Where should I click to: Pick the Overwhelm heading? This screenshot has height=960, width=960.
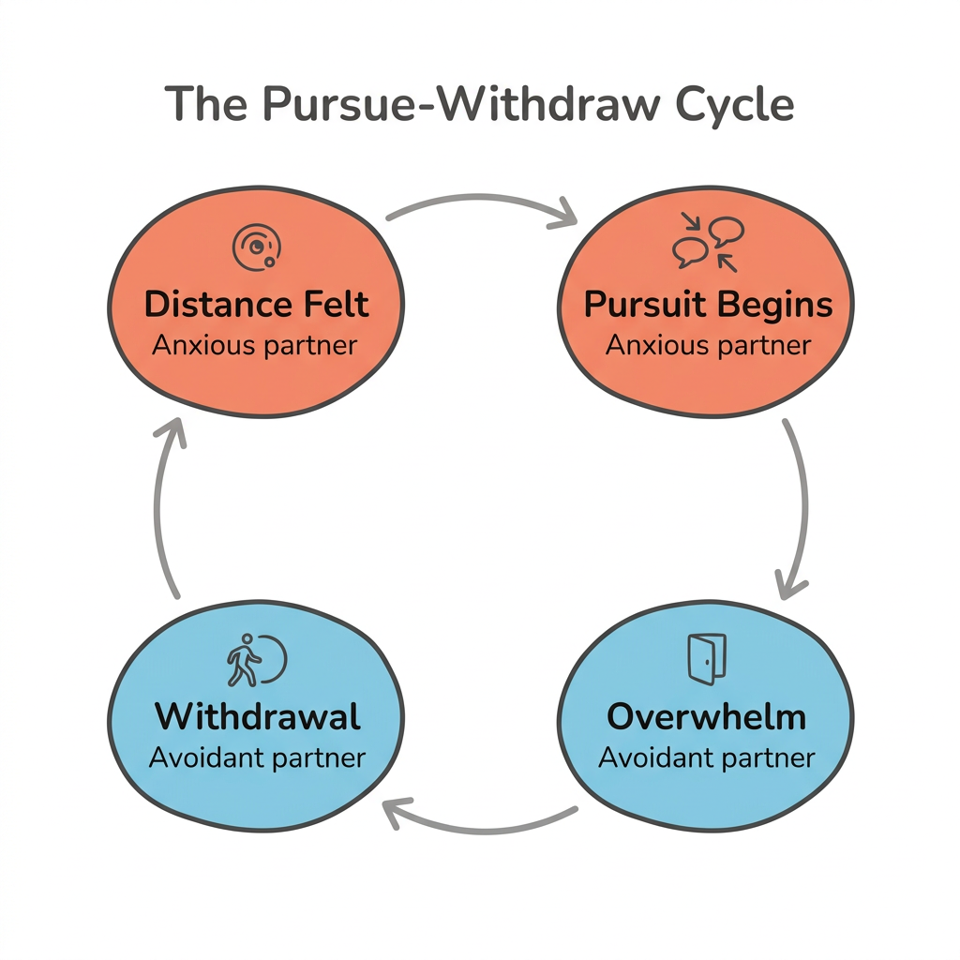706,717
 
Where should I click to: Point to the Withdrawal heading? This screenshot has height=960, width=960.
258,717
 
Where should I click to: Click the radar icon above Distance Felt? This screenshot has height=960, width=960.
254,246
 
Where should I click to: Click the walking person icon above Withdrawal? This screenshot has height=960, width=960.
255,659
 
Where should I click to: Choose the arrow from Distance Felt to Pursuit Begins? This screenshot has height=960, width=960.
482,202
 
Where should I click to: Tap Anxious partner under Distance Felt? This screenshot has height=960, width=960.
255,345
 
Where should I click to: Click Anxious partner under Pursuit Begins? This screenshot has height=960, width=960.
708,345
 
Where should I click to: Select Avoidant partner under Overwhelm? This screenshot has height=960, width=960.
707,757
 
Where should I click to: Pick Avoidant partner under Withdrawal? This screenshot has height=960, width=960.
257,757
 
